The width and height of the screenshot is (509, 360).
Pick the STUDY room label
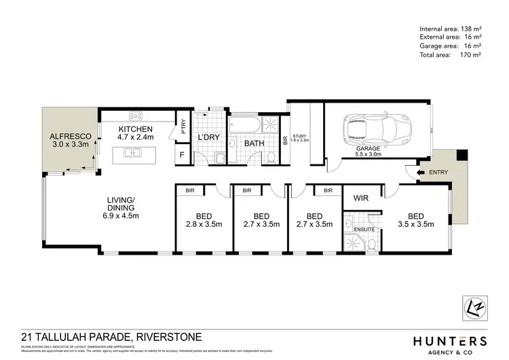pyautogui.click(x=300, y=139)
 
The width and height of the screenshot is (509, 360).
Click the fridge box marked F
pyautogui.click(x=182, y=156)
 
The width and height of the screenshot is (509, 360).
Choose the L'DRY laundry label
pyautogui.click(x=207, y=139)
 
